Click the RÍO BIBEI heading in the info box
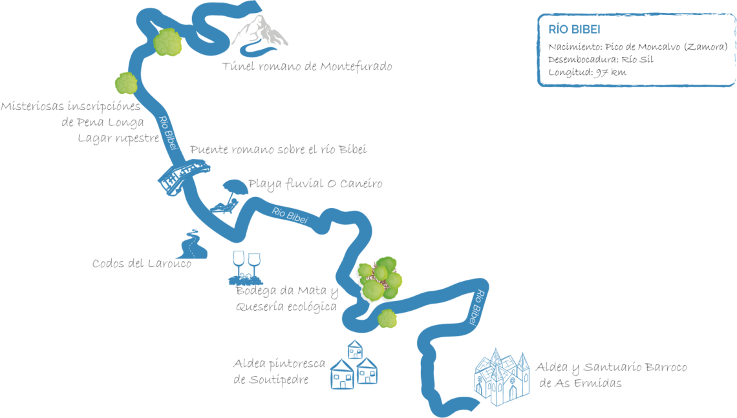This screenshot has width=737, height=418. point(574,29)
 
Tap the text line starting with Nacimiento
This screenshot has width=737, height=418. point(638,47)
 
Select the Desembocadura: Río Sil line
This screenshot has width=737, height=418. point(601,59)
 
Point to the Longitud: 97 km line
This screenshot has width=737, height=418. point(587,72)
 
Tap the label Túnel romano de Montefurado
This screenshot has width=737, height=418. point(307,67)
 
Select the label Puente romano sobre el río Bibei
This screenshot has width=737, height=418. point(278,149)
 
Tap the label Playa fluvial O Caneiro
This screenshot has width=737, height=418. point(315,183)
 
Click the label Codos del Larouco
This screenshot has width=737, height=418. point(142,264)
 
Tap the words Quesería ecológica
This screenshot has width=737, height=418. point(286,307)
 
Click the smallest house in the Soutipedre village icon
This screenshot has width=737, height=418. point(355,350)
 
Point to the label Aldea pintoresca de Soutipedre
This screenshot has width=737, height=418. point(279,371)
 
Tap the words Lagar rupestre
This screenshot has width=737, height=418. point(118,138)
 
